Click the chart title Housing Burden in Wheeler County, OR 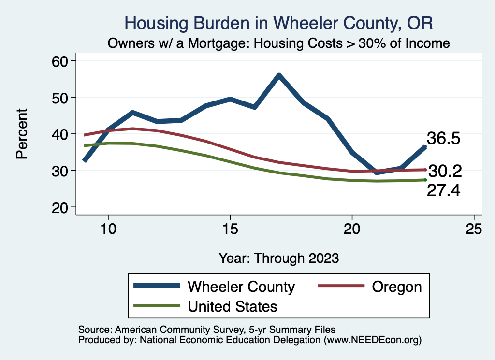click(279, 23)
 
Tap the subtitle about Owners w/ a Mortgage click(279, 43)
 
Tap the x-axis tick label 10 click(108, 229)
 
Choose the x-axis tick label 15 click(230, 229)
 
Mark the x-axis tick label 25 click(474, 229)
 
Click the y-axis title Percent click(21, 134)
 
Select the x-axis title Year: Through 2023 click(279, 258)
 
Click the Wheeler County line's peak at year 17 click(279, 75)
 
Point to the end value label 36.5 click(442, 139)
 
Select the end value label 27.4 click(443, 190)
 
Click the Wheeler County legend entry click(241, 287)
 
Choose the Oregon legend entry click(396, 287)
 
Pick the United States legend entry click(232, 306)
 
